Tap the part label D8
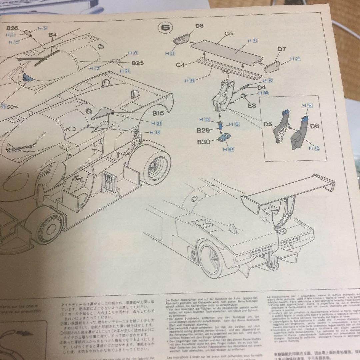coord(199,25)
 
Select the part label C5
coord(228,33)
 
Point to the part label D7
coord(282,49)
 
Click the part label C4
coord(180,65)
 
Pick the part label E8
coord(252,106)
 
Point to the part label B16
coord(158,113)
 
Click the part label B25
coord(137,63)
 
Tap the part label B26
coord(12,28)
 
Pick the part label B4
coord(53,35)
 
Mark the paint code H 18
coord(155,132)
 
